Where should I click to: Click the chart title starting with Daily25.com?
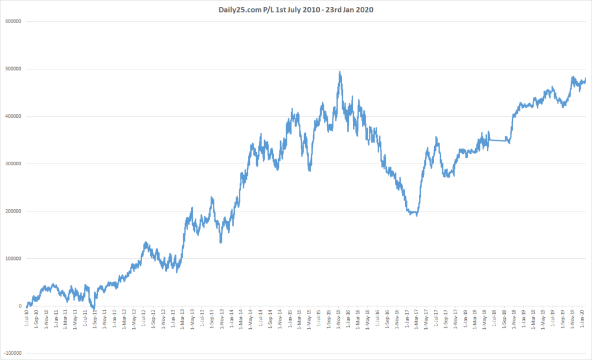coord(295,9)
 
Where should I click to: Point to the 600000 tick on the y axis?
coord(13,22)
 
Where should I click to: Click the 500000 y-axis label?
coord(13,69)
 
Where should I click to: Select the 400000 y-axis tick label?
coord(13,117)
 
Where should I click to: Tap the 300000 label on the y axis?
coord(13,164)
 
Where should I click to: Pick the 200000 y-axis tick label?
coord(13,211)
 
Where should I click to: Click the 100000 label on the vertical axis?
coord(13,259)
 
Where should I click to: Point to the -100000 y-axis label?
coord(12,354)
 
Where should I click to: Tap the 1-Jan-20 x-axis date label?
coord(582,319)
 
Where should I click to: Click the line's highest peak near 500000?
coord(339,73)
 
